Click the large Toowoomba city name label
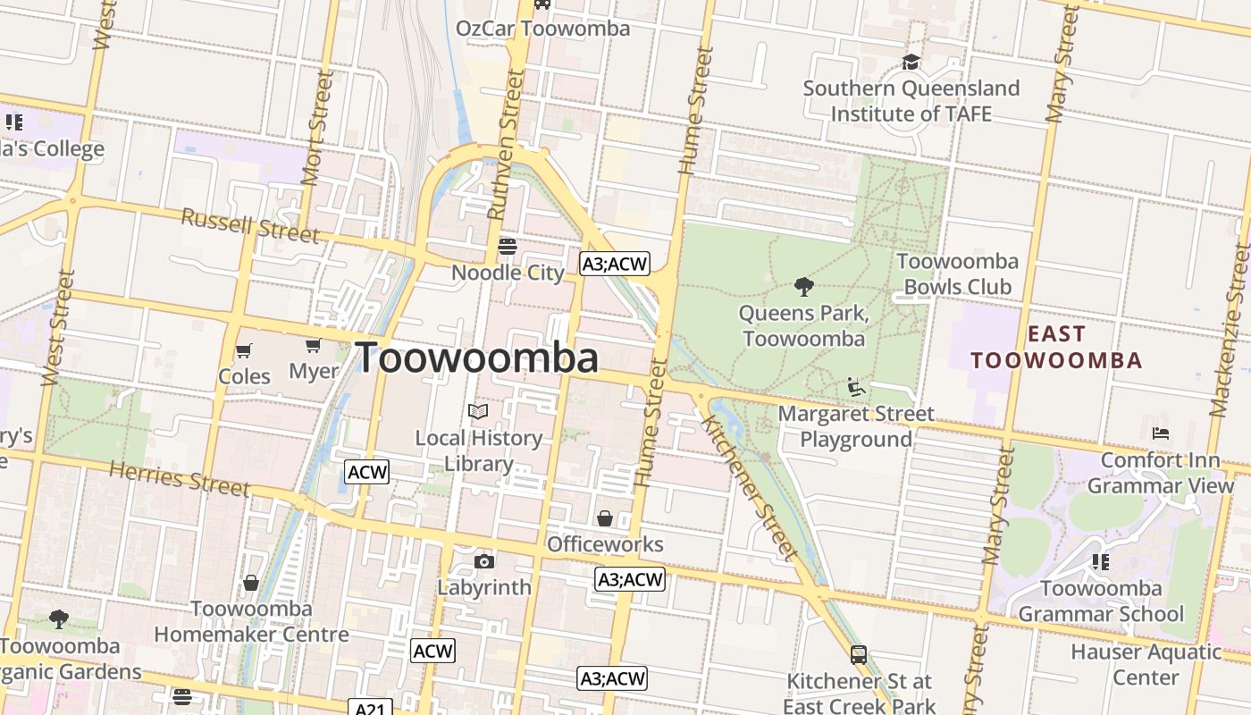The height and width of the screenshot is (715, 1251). coord(477,358)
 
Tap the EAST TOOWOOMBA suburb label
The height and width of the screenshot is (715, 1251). coord(1057,348)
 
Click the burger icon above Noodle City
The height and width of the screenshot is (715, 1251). coord(508,246)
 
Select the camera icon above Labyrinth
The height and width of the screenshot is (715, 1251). coord(484,561)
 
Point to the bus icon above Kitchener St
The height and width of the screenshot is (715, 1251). coord(859,654)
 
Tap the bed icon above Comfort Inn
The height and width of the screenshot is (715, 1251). coord(1161,433)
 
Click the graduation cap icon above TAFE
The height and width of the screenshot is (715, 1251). coord(911,62)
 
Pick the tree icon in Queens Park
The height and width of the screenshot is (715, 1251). coord(803,287)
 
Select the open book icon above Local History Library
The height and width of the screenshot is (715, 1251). coord(479,411)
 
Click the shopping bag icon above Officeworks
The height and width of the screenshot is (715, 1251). coord(605,518)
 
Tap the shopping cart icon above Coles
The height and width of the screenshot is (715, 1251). coord(244,350)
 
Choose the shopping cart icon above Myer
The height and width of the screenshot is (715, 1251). coord(313,345)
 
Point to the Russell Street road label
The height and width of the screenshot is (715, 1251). coord(250,225)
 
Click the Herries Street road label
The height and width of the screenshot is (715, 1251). coord(180,478)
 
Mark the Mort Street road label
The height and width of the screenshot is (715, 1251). coord(317,128)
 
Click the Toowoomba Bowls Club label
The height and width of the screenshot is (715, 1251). coord(957,273)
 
